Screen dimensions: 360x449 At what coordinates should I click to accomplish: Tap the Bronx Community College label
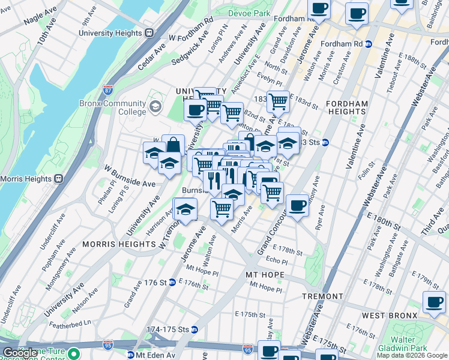click(113, 107)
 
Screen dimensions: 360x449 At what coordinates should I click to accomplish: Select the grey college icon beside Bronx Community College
click(156, 107)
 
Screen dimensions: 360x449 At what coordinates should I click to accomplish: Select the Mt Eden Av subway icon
click(130, 355)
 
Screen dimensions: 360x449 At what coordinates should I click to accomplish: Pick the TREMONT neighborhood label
click(322, 296)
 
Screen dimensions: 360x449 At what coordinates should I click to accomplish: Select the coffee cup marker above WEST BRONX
click(434, 302)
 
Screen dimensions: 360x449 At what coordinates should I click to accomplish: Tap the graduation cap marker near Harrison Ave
click(186, 211)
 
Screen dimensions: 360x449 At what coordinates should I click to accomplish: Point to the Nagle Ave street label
click(39, 16)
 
